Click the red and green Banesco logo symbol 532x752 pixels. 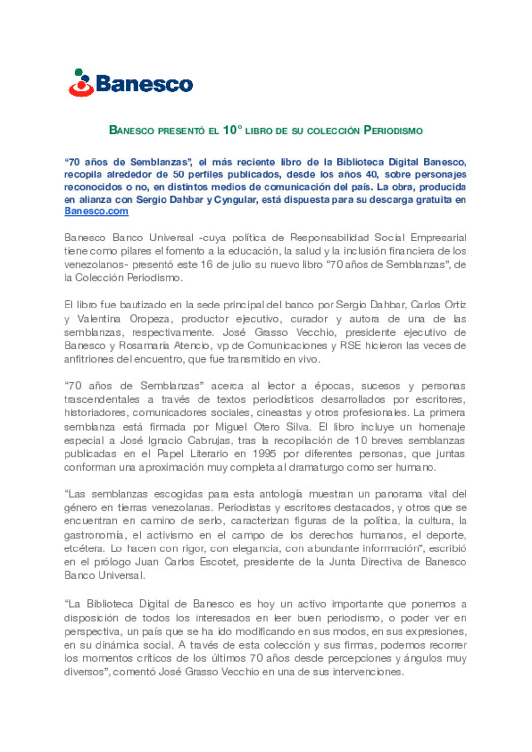click(81, 83)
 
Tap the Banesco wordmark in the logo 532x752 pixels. click(144, 84)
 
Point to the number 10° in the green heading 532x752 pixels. click(233, 130)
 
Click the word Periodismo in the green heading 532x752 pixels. click(393, 131)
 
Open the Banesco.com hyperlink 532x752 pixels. click(96, 211)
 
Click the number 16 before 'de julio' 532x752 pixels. click(207, 265)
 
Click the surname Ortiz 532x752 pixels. click(455, 305)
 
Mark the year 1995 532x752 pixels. click(264, 453)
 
